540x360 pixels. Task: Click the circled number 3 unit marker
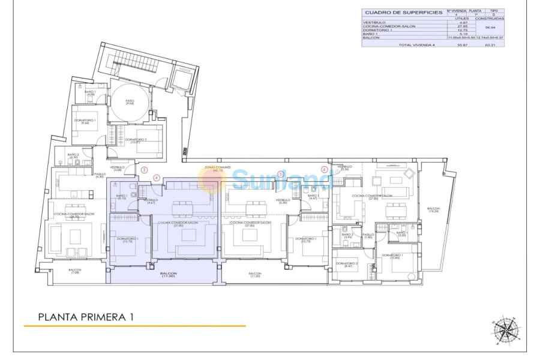pyautogui.click(x=144, y=170)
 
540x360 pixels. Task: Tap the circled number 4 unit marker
pyautogui.click(x=157, y=178)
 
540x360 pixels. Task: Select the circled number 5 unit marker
pyautogui.click(x=281, y=175)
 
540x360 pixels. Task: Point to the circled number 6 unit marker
pyautogui.click(x=325, y=169)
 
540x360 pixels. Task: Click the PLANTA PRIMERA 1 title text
pyautogui.click(x=85, y=316)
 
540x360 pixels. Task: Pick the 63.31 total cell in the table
pyautogui.click(x=490, y=46)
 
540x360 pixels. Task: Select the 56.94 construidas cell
pyautogui.click(x=490, y=27)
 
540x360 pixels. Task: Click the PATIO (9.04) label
pyautogui.click(x=130, y=102)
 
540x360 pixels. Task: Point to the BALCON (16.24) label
pyautogui.click(x=433, y=210)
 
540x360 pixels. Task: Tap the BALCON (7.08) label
pyautogui.click(x=75, y=271)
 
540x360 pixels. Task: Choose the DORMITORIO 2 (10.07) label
pyautogui.click(x=136, y=140)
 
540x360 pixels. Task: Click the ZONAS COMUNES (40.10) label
pyautogui.click(x=214, y=169)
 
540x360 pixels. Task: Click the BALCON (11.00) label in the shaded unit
pyautogui.click(x=168, y=275)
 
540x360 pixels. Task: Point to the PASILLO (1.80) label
pyautogui.click(x=368, y=236)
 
